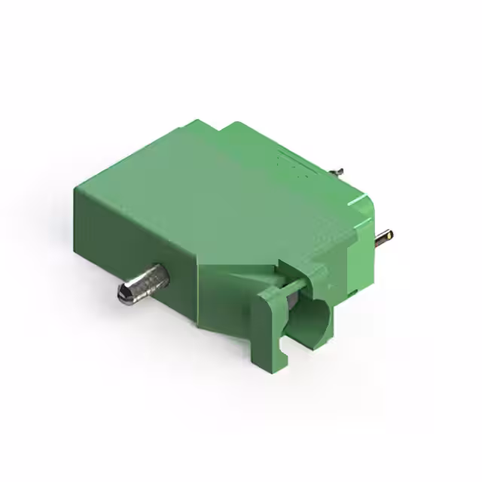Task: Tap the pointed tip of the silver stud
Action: tap(123, 294)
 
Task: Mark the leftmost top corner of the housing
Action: tap(75, 188)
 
